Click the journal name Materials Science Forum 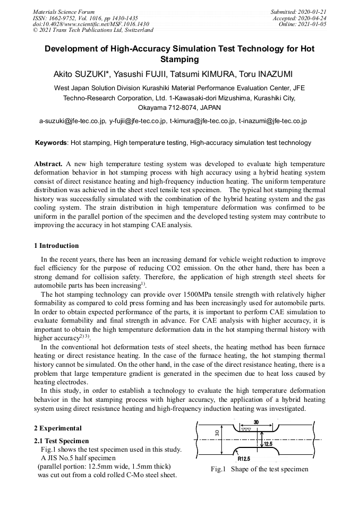point(64,12)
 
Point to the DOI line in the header point(91,24)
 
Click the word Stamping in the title point(179,59)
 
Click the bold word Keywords point(50,143)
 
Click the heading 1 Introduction point(56,246)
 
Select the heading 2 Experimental point(58,428)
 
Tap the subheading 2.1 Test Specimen point(61,441)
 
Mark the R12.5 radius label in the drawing point(244,459)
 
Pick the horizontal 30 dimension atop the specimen point(256,422)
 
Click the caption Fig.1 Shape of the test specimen point(259,469)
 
